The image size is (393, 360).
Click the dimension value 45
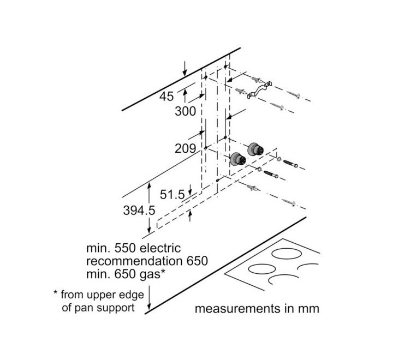tap(166, 97)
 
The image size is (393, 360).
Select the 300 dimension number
tap(186, 111)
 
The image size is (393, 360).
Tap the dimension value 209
tap(186, 148)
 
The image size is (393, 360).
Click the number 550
tap(124, 248)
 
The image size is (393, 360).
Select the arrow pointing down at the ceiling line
tap(185, 68)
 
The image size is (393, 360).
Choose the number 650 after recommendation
tap(196, 261)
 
